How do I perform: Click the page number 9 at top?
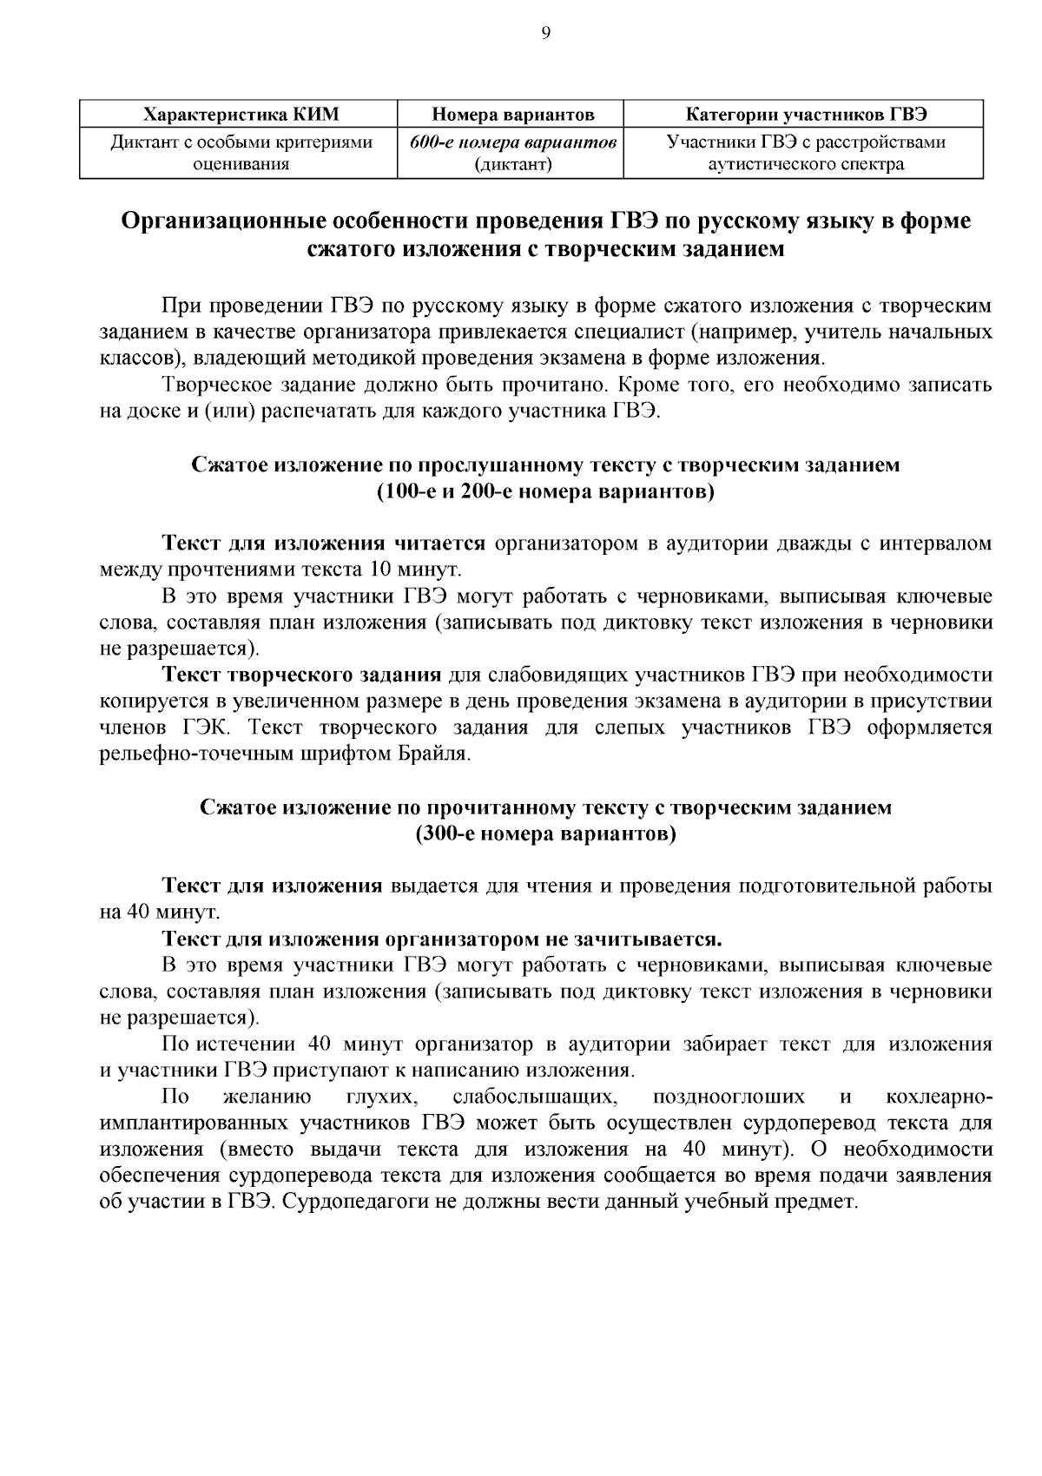(x=545, y=33)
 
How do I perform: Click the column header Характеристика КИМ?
(x=239, y=115)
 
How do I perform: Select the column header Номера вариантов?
(x=513, y=115)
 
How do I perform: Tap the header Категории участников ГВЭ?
(x=806, y=115)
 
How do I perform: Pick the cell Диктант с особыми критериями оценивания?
(x=239, y=152)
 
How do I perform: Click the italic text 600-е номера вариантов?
(x=513, y=142)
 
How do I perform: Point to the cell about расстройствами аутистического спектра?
(x=806, y=152)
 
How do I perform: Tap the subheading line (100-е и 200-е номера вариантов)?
(x=545, y=492)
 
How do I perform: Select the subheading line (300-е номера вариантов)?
(x=545, y=834)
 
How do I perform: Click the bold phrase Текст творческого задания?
(x=302, y=675)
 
